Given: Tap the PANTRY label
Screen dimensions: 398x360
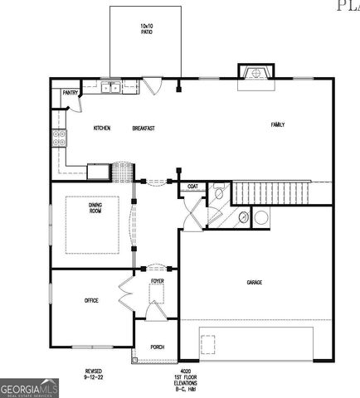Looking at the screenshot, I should [70, 94].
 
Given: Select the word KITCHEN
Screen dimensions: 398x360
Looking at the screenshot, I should [102, 128].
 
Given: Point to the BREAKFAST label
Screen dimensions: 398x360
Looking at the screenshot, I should [144, 128].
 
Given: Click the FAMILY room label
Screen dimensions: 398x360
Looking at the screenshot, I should [278, 124].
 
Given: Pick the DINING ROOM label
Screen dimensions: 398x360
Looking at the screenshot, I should [96, 208].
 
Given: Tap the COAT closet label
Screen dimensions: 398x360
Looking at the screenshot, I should [192, 187].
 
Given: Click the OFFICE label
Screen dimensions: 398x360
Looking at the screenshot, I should [91, 300].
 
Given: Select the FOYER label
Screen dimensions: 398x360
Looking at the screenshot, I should [158, 282].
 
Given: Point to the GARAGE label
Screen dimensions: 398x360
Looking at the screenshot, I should [254, 283].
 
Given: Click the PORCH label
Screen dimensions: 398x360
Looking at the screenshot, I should [157, 347].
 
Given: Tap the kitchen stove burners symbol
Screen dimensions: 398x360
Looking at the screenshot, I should [59, 138].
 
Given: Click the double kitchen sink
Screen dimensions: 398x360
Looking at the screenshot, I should [110, 85].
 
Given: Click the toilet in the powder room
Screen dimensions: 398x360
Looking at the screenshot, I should [218, 193].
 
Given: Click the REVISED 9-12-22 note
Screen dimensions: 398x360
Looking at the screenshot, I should [94, 373].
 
